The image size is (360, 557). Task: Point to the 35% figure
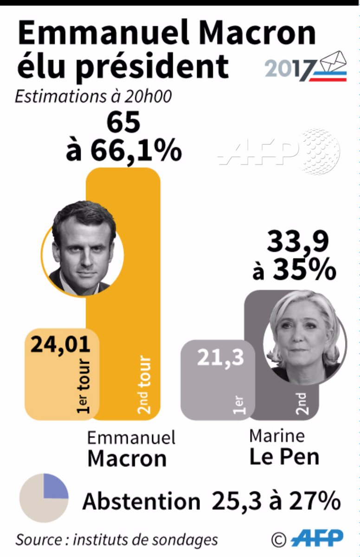304,270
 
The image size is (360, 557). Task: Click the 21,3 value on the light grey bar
220,357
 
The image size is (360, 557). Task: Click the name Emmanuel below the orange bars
132,437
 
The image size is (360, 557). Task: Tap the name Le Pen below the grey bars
284,456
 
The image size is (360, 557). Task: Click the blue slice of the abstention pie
55,486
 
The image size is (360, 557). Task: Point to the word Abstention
141,501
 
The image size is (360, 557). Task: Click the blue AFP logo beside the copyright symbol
320,538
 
